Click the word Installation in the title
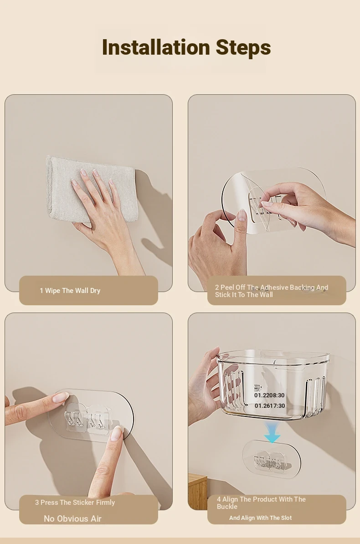tap(156, 47)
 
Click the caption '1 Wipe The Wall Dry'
tap(70, 291)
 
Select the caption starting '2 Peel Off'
tap(272, 291)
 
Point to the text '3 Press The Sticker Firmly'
tap(75, 503)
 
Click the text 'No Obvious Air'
tap(72, 518)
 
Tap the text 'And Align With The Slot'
tap(260, 518)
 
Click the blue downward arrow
tap(272, 433)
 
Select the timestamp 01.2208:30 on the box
tap(269, 395)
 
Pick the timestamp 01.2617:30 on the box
tap(270, 405)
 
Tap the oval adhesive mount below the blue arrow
tap(272, 460)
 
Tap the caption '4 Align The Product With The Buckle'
tap(261, 503)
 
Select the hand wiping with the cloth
tap(104, 219)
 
